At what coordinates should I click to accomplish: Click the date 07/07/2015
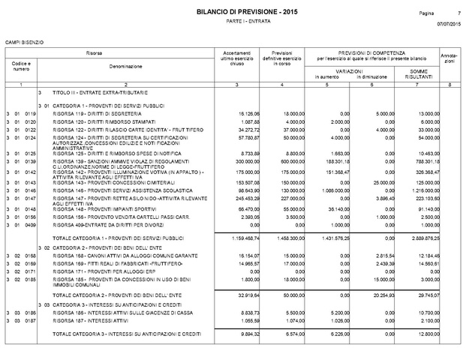click(448, 26)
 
